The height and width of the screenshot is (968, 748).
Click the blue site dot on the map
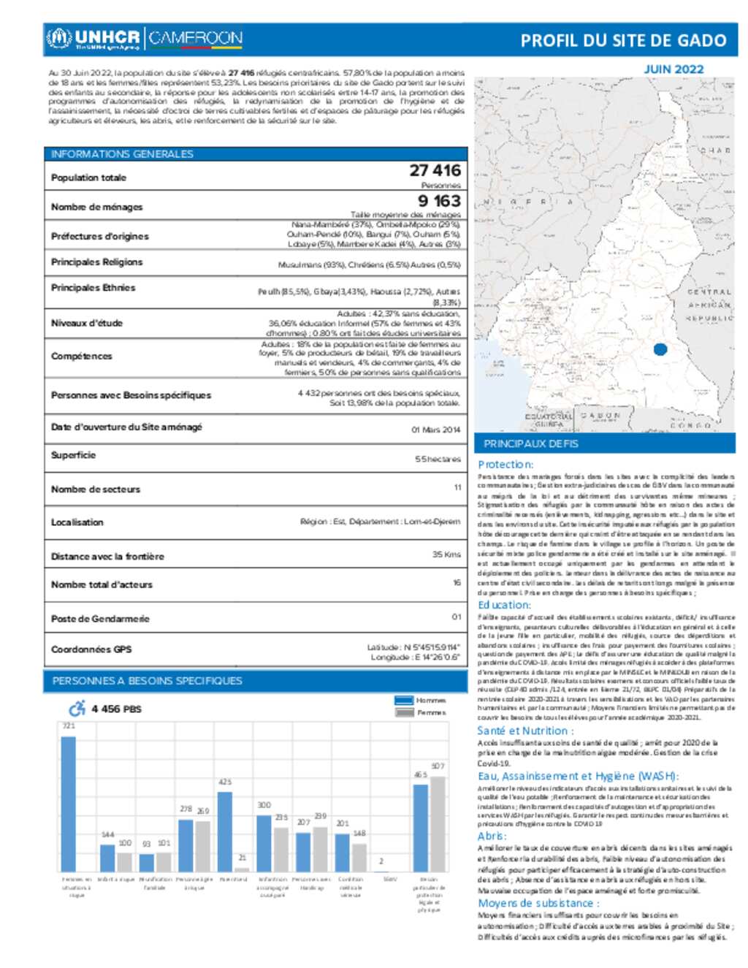(660, 349)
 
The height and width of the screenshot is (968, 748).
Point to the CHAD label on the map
(715, 150)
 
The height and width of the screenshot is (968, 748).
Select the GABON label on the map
(601, 416)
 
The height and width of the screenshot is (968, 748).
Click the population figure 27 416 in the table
(435, 170)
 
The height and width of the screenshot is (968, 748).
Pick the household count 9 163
(439, 201)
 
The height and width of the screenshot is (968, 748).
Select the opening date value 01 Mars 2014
(435, 430)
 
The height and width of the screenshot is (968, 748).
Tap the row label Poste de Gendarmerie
(100, 619)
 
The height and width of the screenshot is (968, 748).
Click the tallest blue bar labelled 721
(68, 804)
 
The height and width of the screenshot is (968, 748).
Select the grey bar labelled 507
(438, 823)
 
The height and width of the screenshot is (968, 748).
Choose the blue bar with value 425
(225, 831)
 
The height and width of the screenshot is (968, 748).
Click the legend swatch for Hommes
(404, 700)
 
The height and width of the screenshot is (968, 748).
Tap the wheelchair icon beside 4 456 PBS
(77, 709)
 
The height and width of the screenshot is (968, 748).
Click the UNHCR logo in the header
(93, 38)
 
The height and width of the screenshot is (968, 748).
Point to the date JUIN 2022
(673, 69)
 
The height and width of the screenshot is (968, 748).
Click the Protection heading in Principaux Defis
(505, 465)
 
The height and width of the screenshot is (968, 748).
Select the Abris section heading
(492, 836)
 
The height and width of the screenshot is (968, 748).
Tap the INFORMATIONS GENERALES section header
(122, 154)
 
